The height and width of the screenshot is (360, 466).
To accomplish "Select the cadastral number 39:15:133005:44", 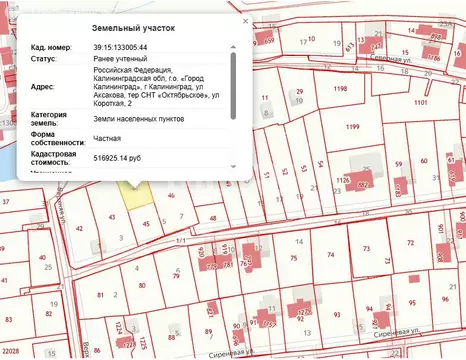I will click(120, 47).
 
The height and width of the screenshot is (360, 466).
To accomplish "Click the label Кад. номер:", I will click(50, 47).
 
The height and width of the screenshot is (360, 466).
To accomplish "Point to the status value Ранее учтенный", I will click(119, 60).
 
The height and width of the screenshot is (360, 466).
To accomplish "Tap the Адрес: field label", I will click(43, 87).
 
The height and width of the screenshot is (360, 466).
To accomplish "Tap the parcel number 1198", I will click(340, 89).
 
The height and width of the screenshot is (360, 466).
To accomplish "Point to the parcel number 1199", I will click(352, 127).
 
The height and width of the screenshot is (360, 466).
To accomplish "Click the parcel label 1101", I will click(421, 103).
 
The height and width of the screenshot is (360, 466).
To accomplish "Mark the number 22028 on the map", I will click(11, 352).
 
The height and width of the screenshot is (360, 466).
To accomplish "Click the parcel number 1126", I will click(343, 180).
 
